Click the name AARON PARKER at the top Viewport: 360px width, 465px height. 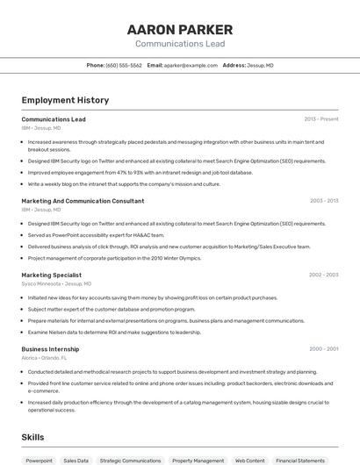[180, 29]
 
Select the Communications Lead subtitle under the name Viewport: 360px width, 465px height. [180, 44]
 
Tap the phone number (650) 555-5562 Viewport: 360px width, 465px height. [124, 65]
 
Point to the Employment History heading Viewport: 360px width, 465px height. [65, 100]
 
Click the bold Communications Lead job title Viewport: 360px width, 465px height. [54, 119]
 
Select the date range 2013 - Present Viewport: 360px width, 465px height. [321, 119]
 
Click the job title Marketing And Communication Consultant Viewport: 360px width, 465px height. [83, 201]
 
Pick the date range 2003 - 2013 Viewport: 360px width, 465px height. [324, 201]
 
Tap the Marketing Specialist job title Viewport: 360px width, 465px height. [51, 275]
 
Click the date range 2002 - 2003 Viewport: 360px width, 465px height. [324, 275]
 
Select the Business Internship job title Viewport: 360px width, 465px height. [50, 349]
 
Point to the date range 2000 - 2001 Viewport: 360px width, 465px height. [324, 349]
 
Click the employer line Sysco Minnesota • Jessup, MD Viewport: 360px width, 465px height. [55, 283]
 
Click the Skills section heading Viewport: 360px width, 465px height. [32, 437]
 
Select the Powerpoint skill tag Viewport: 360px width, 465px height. [39, 460]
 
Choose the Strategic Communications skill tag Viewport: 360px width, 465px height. [130, 460]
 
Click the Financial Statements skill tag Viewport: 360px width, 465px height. [300, 460]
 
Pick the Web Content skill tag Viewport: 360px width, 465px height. [249, 460]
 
